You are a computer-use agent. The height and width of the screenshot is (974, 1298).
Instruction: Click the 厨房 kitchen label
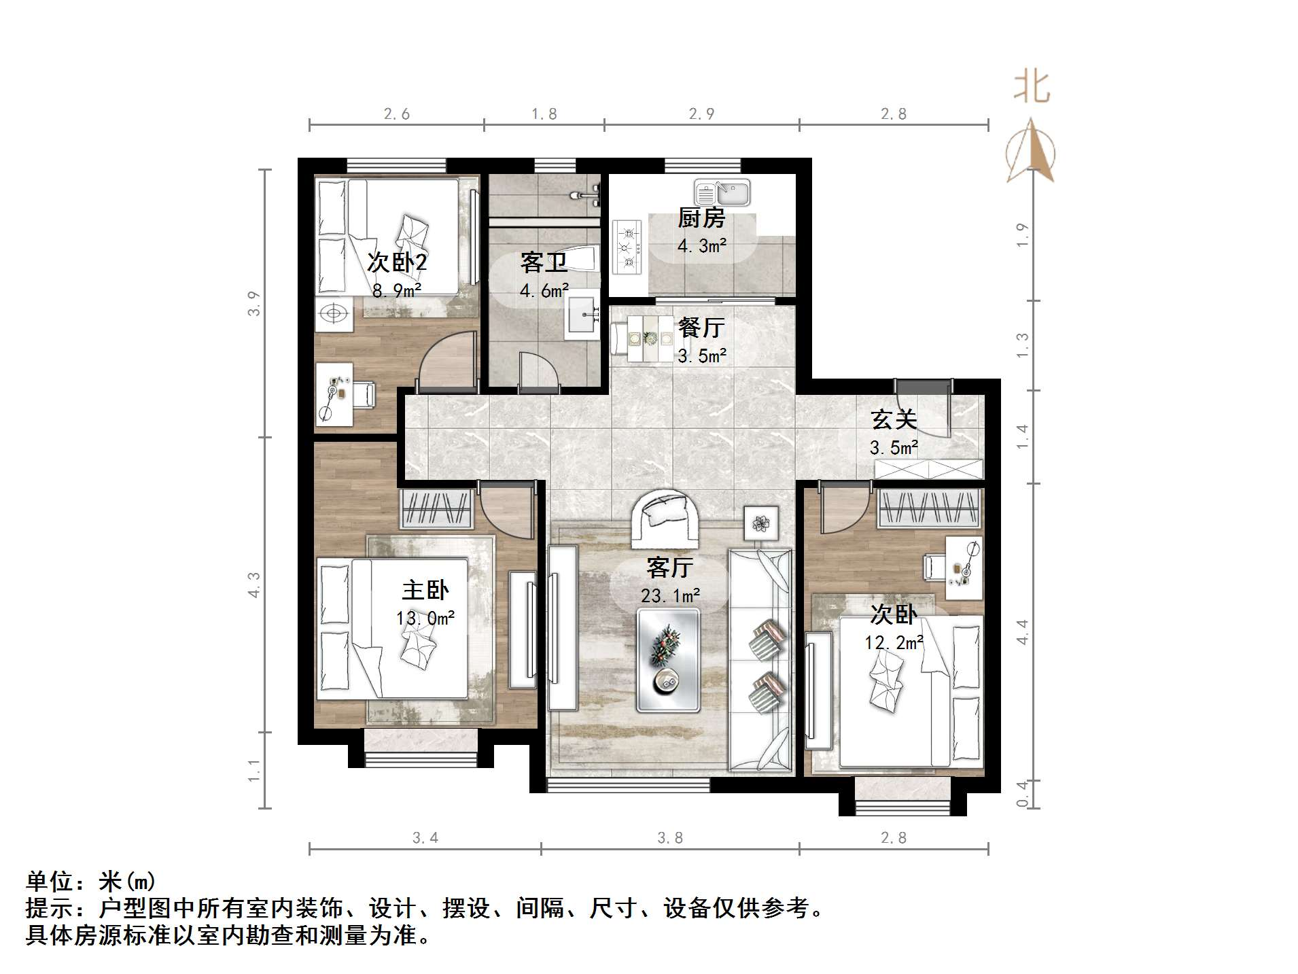point(701,218)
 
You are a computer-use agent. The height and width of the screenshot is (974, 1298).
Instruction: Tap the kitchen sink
point(722,192)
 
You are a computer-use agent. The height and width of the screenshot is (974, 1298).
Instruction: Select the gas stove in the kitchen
point(627,247)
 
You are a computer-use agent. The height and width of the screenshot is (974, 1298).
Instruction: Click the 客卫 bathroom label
point(544,262)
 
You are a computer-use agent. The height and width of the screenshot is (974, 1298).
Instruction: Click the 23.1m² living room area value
point(670,596)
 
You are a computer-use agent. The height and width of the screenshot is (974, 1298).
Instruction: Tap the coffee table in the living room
point(668,660)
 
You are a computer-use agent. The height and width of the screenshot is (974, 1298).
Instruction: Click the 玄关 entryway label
point(894,419)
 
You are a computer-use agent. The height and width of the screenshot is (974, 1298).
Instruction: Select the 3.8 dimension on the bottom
point(670,838)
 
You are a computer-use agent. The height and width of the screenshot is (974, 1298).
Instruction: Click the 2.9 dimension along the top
point(701,114)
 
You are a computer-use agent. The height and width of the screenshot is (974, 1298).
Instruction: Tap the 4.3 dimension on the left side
point(253,585)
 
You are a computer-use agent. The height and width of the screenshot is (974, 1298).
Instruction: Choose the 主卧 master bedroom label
point(425,589)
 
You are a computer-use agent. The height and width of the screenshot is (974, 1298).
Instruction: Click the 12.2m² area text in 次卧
point(894,642)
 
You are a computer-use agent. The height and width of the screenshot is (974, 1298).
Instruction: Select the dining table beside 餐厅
point(649,338)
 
